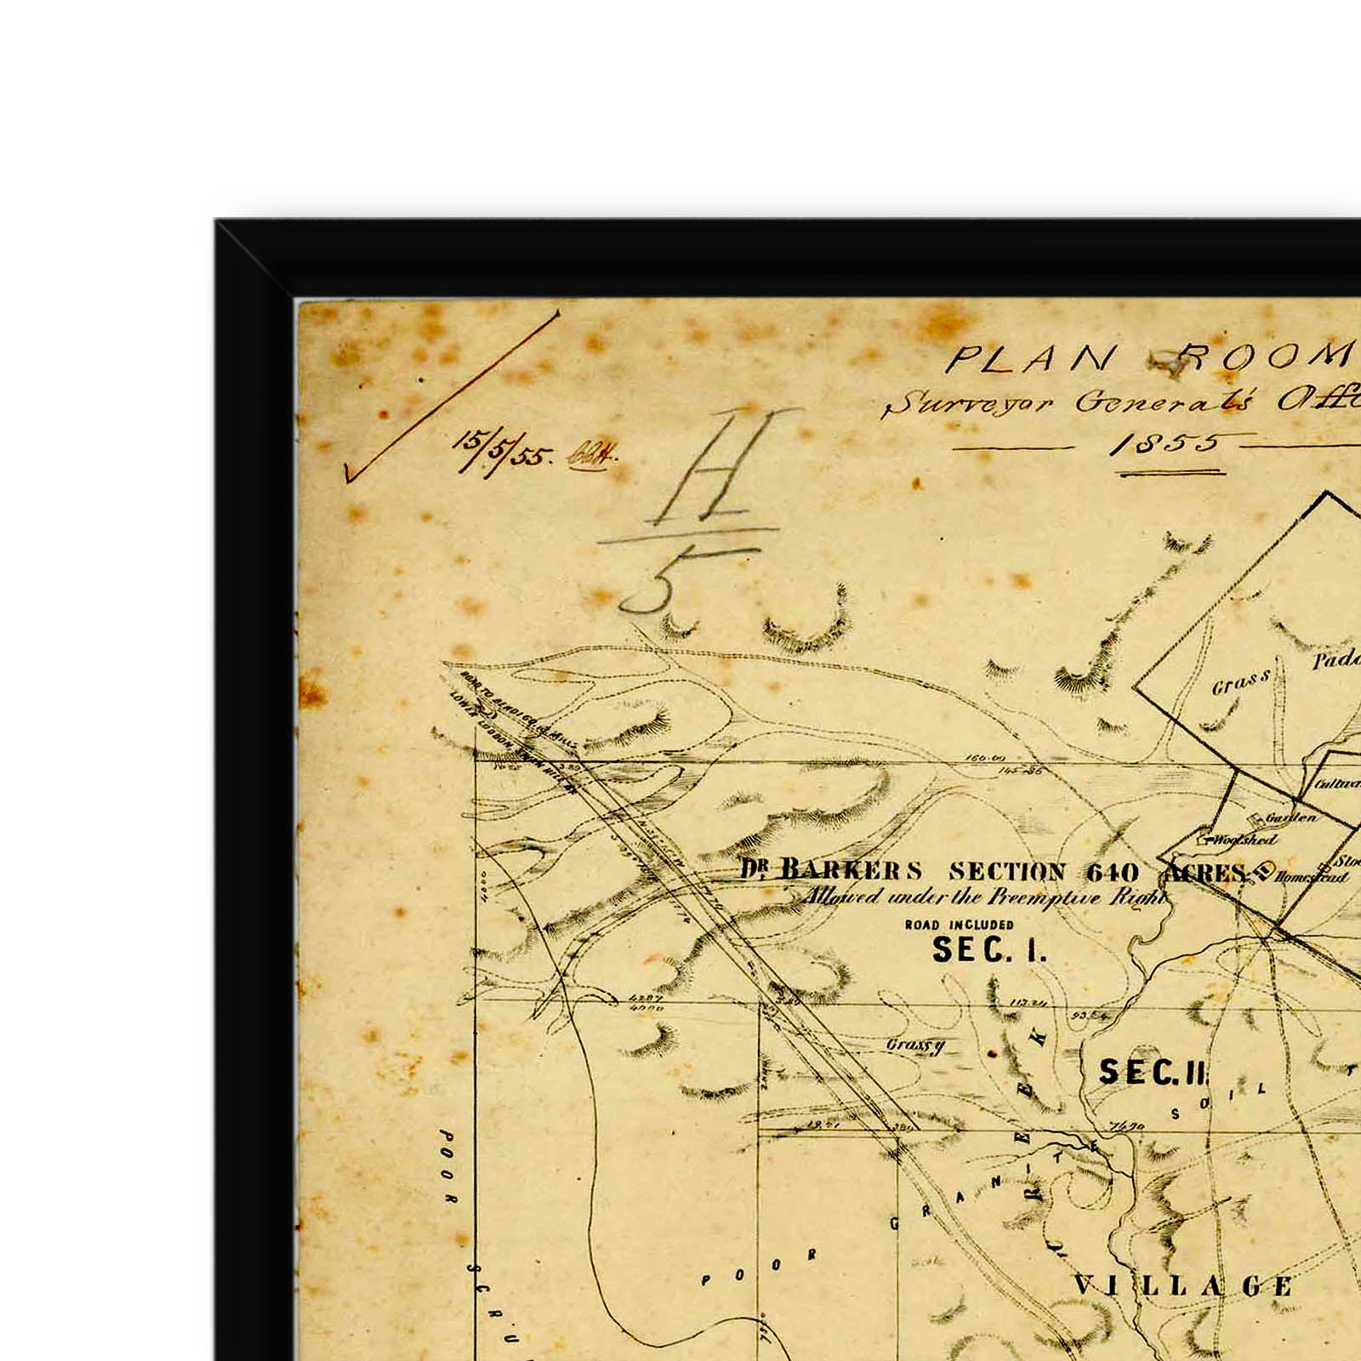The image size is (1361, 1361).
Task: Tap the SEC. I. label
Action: click(x=988, y=950)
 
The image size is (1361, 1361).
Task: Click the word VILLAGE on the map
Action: click(x=1182, y=1285)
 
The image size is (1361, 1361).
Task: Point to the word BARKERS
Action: click(x=851, y=871)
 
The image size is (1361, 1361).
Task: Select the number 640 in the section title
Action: click(x=1112, y=873)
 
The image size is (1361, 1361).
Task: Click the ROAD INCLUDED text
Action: click(x=959, y=925)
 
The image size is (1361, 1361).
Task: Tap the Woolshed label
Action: click(x=1244, y=840)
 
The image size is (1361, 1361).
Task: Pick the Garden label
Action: click(x=1290, y=817)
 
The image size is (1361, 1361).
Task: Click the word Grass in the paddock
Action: click(x=1241, y=682)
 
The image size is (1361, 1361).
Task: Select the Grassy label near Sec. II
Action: click(x=914, y=1045)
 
